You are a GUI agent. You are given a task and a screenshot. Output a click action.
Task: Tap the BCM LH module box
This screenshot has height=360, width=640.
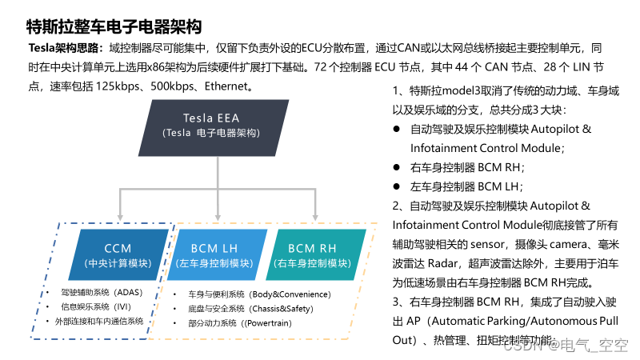point(214,254)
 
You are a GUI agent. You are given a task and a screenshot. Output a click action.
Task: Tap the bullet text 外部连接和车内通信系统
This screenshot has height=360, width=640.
point(99,321)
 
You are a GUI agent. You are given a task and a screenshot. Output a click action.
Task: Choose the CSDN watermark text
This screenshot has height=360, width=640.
point(566,346)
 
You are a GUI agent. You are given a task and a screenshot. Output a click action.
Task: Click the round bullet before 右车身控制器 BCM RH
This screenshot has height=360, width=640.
point(396,167)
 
